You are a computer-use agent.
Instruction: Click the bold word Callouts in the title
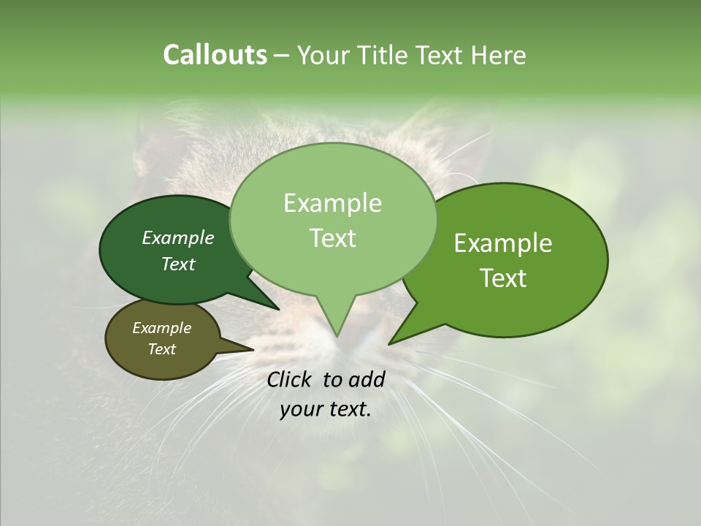point(215,55)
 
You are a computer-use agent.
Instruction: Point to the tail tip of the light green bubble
point(337,335)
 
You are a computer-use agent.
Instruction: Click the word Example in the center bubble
point(332,203)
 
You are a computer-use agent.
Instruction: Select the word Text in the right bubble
point(503,278)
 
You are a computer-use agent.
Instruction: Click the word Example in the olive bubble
point(161,328)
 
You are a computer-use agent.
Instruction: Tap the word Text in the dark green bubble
point(177,264)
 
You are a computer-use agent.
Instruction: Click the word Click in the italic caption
point(290,379)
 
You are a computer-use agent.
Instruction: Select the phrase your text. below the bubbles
point(326,410)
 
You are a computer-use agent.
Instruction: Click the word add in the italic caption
point(367,379)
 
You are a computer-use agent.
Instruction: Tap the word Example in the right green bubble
point(503,243)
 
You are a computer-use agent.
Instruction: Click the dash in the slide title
point(283,56)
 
